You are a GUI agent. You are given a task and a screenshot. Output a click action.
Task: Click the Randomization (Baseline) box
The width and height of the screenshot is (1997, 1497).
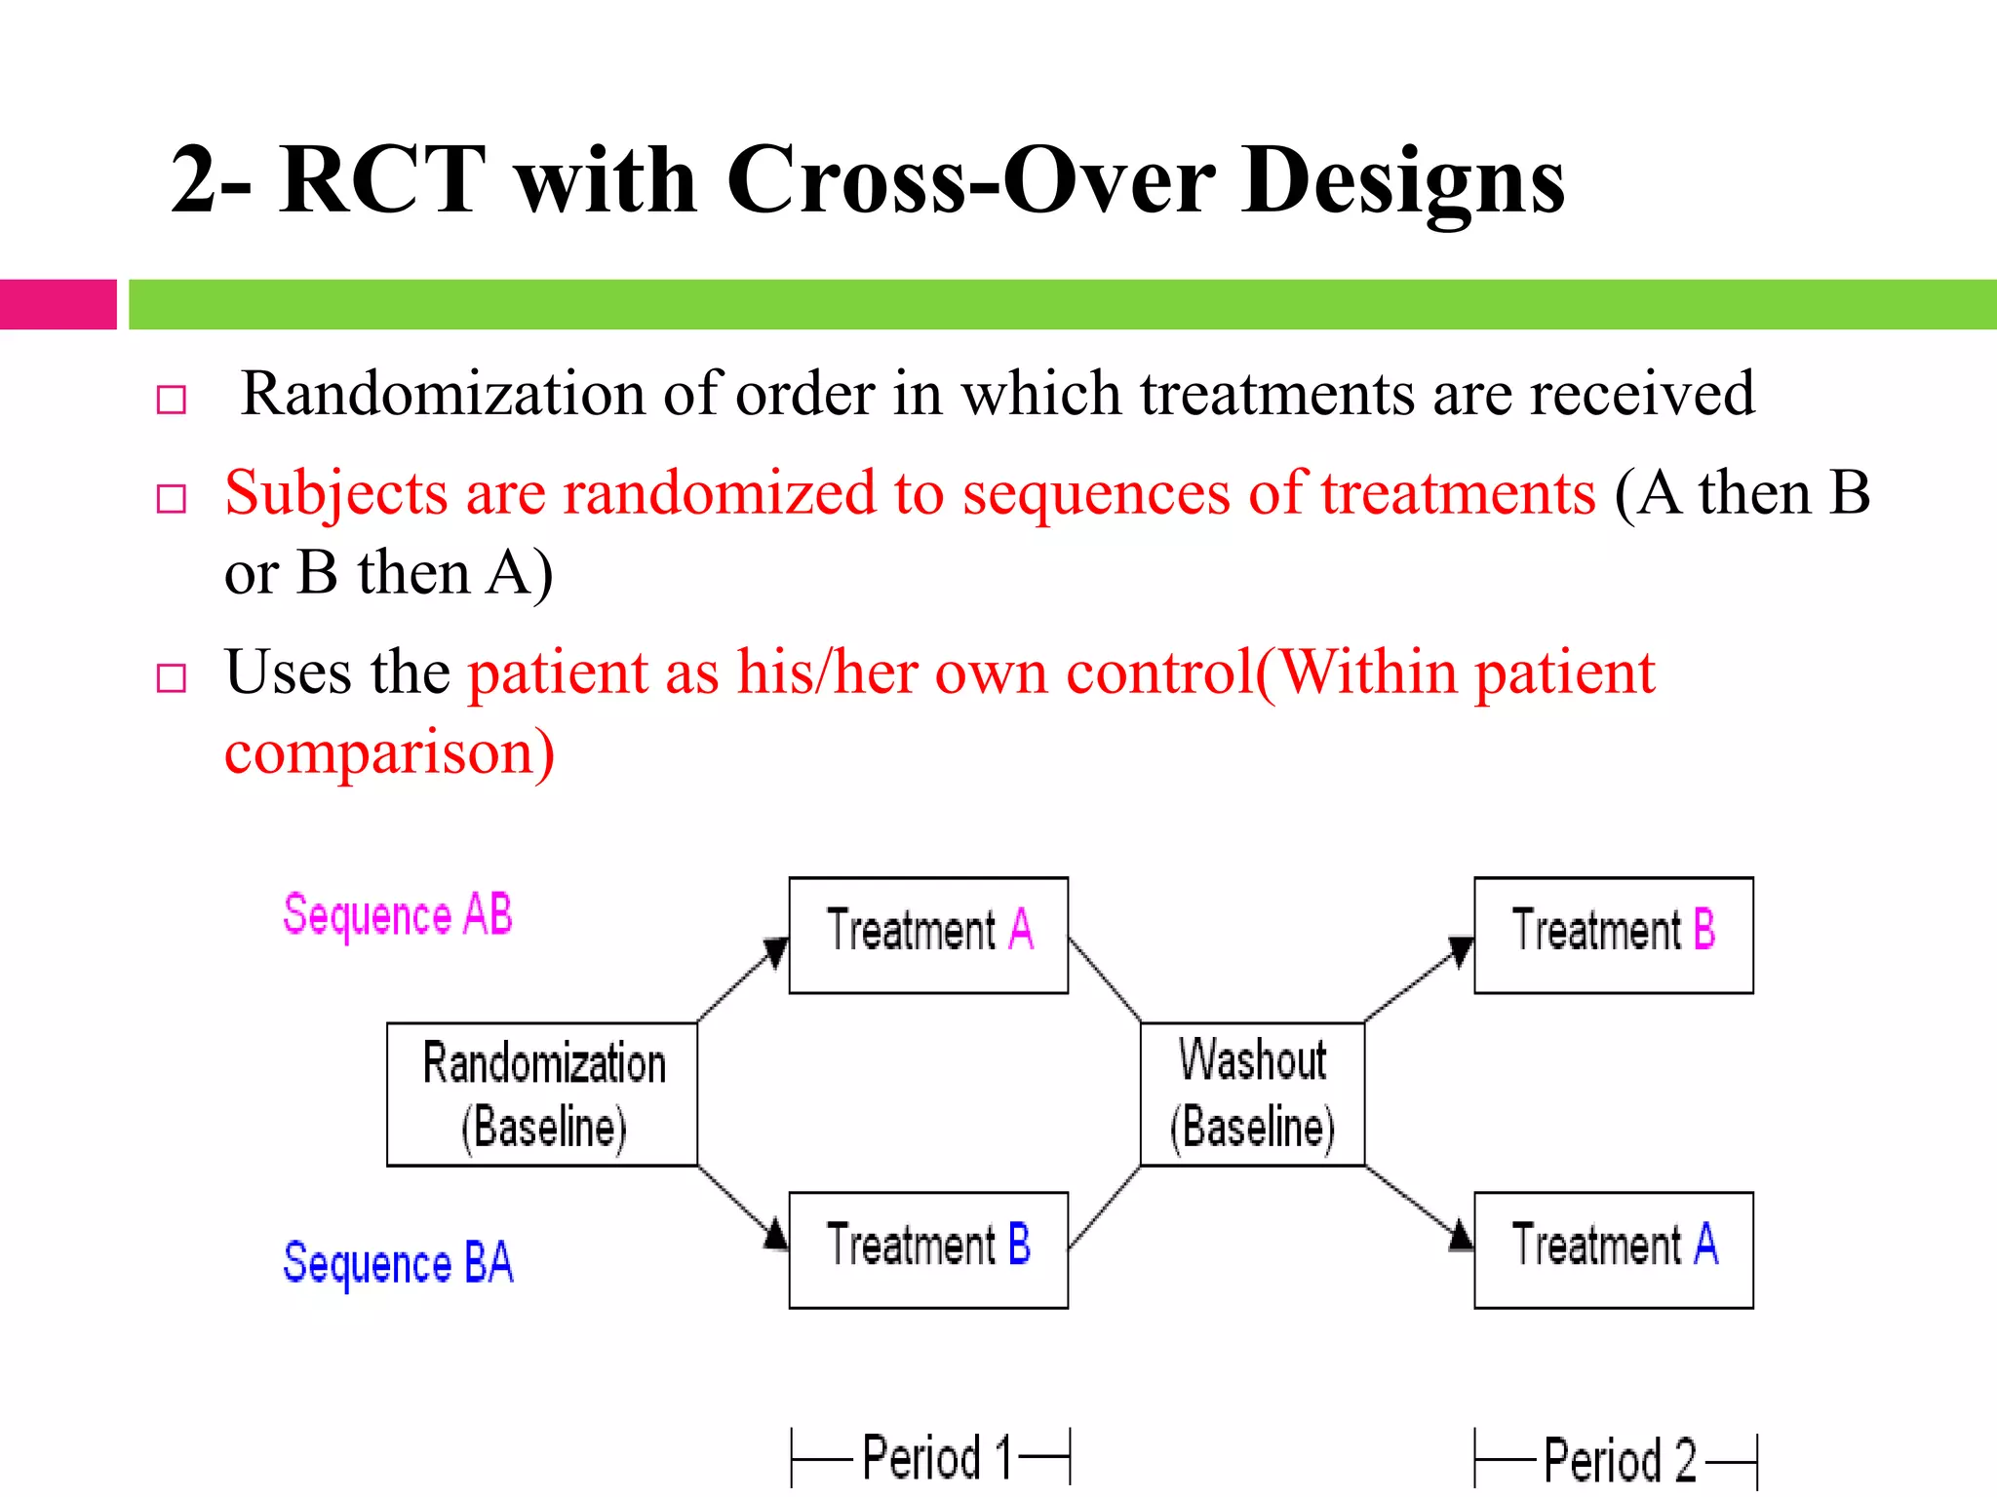pos(542,1094)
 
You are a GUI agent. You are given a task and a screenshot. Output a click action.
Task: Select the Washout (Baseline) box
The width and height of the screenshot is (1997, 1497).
pos(1252,1094)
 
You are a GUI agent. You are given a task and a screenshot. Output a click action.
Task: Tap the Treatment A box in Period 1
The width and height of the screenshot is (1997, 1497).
pos(928,935)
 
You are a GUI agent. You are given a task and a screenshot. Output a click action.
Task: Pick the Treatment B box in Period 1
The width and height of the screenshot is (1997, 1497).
pos(928,1249)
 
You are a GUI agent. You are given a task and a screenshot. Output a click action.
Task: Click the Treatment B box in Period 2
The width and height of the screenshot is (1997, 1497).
pos(1613,935)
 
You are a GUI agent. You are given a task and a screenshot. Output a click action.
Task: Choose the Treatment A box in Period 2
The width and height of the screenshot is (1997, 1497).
pos(1613,1249)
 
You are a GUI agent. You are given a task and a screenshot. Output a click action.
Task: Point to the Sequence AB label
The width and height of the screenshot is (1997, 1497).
pos(398,916)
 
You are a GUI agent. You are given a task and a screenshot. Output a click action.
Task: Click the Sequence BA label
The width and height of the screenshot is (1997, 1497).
pos(398,1263)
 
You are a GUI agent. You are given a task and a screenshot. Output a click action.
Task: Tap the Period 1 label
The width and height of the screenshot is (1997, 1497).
pos(936,1458)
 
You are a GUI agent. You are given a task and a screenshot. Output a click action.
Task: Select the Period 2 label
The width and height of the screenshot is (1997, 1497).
pos(1619,1460)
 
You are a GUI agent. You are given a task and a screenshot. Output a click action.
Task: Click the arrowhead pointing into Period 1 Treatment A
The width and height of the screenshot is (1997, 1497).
pos(776,951)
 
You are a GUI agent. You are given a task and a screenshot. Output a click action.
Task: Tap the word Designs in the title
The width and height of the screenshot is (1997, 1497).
pos(1404,181)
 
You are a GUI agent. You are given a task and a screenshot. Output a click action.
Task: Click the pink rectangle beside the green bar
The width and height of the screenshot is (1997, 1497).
pos(58,304)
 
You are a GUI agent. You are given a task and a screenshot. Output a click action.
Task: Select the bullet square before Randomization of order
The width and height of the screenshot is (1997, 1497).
pos(172,400)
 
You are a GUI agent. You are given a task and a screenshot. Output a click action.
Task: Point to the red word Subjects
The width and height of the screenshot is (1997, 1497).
pos(335,493)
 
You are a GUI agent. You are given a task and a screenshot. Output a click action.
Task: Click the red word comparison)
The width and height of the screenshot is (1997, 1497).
pos(389,752)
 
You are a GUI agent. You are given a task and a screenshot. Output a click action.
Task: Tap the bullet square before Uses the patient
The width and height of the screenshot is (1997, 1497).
pos(172,677)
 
